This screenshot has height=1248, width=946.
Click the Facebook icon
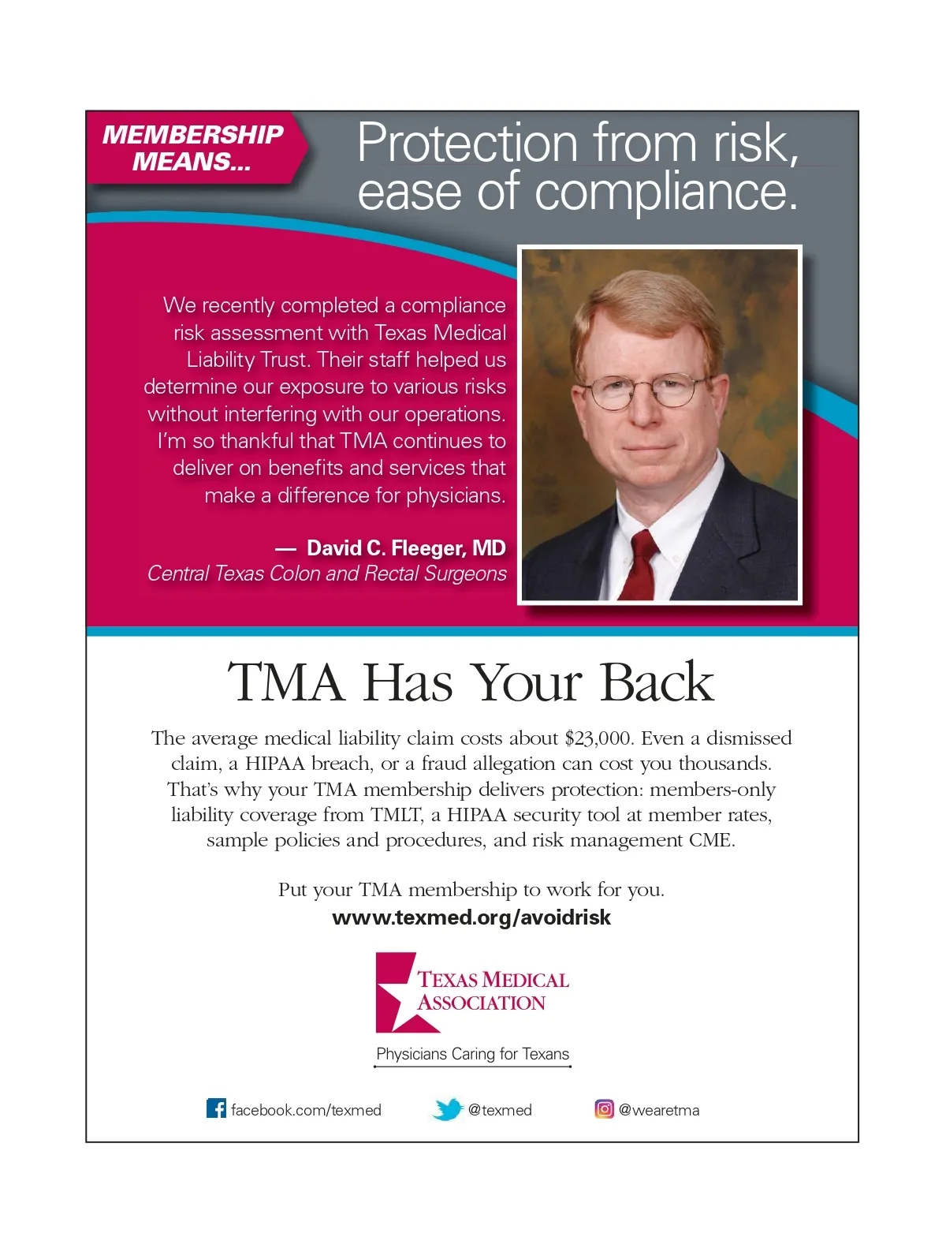pyautogui.click(x=216, y=1108)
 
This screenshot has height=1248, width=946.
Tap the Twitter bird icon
pyautogui.click(x=448, y=1109)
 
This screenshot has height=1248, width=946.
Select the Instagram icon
pyautogui.click(x=604, y=1109)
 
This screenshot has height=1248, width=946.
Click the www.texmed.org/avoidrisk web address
pyautogui.click(x=471, y=917)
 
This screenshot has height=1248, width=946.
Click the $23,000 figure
pyautogui.click(x=598, y=738)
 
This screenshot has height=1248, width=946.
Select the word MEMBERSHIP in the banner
pyautogui.click(x=192, y=135)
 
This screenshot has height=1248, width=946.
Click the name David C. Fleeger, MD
pyautogui.click(x=406, y=548)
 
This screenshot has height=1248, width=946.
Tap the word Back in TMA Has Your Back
pyautogui.click(x=656, y=682)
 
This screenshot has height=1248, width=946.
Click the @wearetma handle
pyautogui.click(x=659, y=1110)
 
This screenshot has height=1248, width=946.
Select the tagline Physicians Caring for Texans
pyautogui.click(x=472, y=1054)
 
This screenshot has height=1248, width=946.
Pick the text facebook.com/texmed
pyautogui.click(x=306, y=1110)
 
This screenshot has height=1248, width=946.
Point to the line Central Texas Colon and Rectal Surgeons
pyautogui.click(x=327, y=574)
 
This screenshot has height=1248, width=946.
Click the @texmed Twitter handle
pyautogui.click(x=500, y=1110)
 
